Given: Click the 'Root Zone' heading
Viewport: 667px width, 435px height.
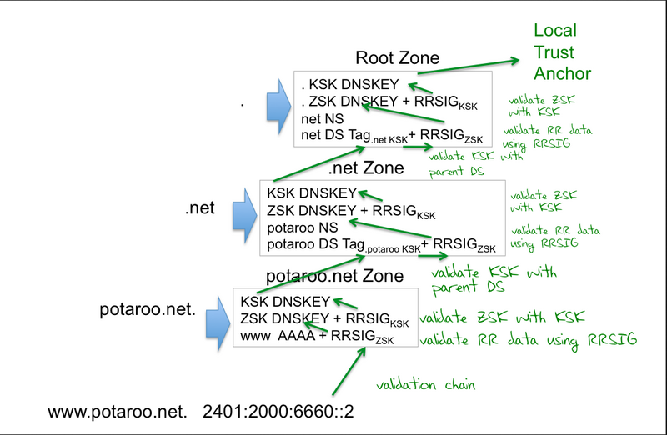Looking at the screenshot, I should coord(398,58).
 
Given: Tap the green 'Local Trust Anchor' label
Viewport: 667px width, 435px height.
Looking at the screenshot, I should coord(562,52).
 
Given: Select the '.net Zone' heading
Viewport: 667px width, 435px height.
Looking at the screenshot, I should coord(366,168).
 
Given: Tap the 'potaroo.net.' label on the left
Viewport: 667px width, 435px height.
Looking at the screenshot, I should coord(147,310).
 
